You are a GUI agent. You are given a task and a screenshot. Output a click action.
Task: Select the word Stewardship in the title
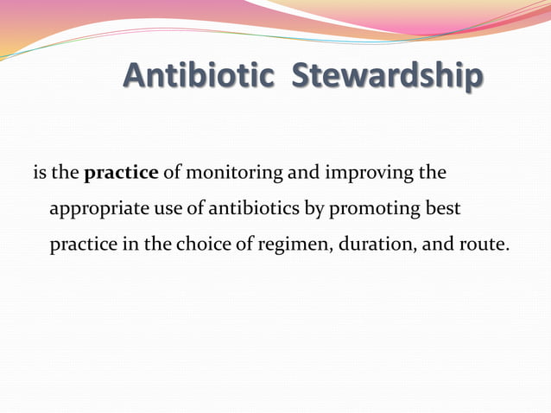(387, 77)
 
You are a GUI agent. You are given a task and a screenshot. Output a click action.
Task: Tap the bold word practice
(121, 173)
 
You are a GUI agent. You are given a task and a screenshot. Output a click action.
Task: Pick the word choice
(205, 245)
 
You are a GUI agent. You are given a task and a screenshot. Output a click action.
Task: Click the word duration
(370, 245)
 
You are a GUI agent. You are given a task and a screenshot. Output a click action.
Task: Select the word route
(480, 245)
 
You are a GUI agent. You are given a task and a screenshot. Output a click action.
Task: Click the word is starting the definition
(39, 173)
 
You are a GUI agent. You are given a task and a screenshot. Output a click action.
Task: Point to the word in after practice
(130, 245)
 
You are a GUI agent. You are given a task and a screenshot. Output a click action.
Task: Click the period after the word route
(507, 250)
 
